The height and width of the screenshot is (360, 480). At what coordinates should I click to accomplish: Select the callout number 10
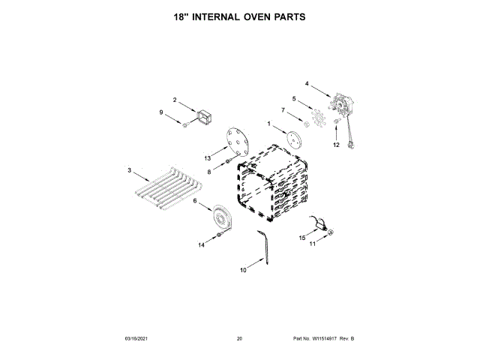click(243, 270)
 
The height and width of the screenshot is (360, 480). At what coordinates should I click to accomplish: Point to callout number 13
click(208, 158)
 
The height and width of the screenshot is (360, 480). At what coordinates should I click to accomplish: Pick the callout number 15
click(303, 238)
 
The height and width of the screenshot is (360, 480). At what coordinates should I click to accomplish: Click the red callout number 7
click(283, 110)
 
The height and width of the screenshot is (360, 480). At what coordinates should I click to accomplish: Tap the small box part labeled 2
click(202, 118)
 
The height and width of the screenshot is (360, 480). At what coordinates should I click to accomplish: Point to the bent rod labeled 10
click(263, 247)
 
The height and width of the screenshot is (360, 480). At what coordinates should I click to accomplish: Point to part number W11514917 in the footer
click(329, 339)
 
